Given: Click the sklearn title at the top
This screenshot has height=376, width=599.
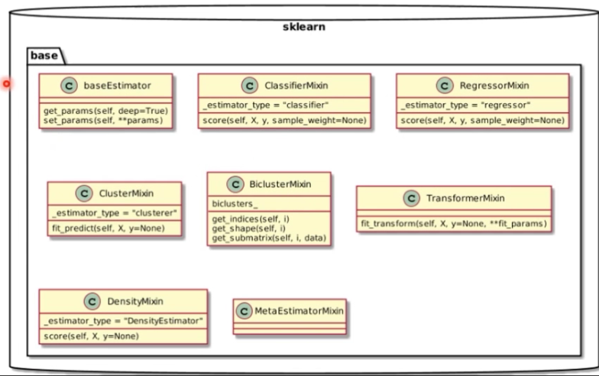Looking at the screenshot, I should pyautogui.click(x=303, y=27).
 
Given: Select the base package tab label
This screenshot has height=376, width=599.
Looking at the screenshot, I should pyautogui.click(x=45, y=56).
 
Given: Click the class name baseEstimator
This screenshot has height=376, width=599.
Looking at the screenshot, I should pyautogui.click(x=117, y=86).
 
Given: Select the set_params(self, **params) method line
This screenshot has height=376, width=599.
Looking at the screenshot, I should pyautogui.click(x=103, y=121).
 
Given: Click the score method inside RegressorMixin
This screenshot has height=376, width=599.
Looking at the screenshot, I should pyautogui.click(x=482, y=121).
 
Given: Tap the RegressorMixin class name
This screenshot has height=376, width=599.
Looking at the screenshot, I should pyautogui.click(x=494, y=86).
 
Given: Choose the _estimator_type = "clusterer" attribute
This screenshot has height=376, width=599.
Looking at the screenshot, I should pyautogui.click(x=114, y=212).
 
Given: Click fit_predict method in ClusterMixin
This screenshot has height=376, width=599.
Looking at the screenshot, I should pyautogui.click(x=107, y=228).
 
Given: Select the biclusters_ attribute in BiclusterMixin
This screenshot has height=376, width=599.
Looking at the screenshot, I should pyautogui.click(x=235, y=203).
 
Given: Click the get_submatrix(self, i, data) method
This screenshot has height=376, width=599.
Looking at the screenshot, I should pyautogui.click(x=269, y=238).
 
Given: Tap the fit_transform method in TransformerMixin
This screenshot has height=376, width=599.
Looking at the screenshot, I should pyautogui.click(x=453, y=224).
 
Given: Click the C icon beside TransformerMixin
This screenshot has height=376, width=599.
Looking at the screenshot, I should pyautogui.click(x=411, y=198).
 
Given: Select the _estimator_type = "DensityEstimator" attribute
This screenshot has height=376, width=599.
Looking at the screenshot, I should pyautogui.click(x=123, y=320).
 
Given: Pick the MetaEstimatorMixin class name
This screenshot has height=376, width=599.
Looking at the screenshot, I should pyautogui.click(x=299, y=310).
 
